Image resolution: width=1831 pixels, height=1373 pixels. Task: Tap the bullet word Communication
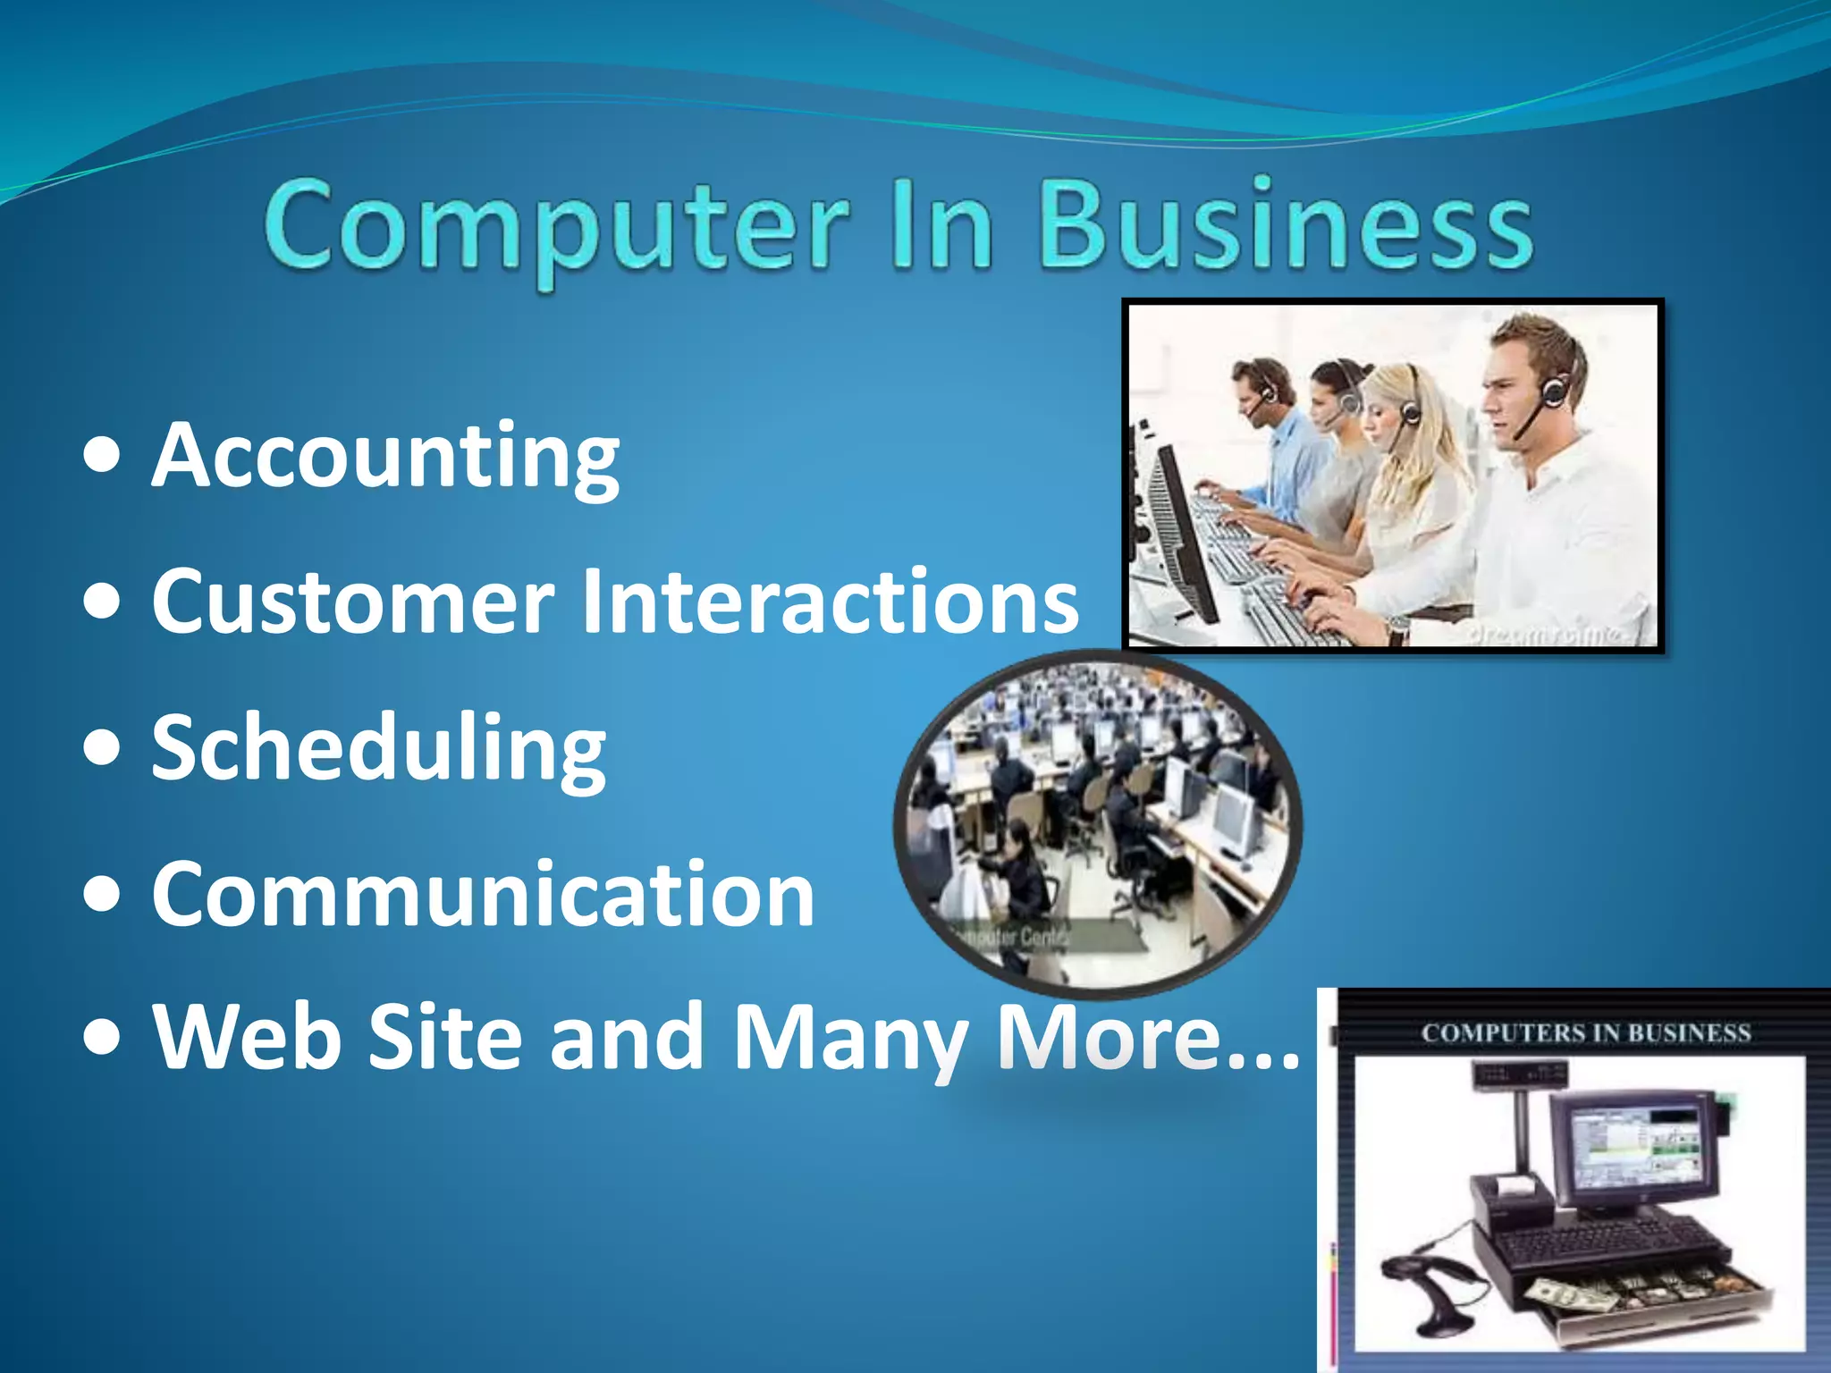[x=483, y=894]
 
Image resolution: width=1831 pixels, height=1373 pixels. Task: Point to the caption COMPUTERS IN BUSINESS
[x=1586, y=1033]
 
